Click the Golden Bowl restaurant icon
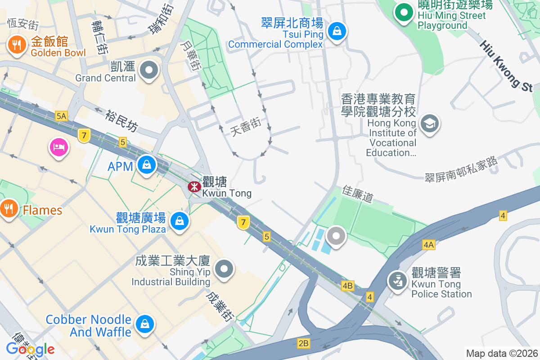tap(17, 45)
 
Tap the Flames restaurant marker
tap(8, 208)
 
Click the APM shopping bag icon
tap(147, 165)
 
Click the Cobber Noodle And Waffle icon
tap(145, 324)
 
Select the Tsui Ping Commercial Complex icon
tap(336, 31)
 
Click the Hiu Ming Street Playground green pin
tap(404, 12)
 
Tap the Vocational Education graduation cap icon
tap(429, 123)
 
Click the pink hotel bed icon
tap(59, 147)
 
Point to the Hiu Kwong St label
tap(506, 66)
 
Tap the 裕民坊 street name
tap(121, 121)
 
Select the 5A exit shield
tap(61, 117)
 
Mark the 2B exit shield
tap(304, 343)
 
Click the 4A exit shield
tap(428, 245)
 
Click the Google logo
tap(30, 349)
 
